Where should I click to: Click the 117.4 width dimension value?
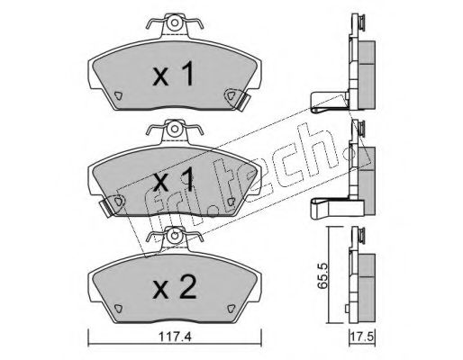(175, 337)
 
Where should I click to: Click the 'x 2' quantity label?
(174, 287)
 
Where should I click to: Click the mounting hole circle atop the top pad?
(175, 23)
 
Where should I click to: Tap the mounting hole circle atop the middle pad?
(175, 130)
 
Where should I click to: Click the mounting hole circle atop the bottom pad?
(175, 236)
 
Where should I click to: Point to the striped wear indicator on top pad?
(244, 102)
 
